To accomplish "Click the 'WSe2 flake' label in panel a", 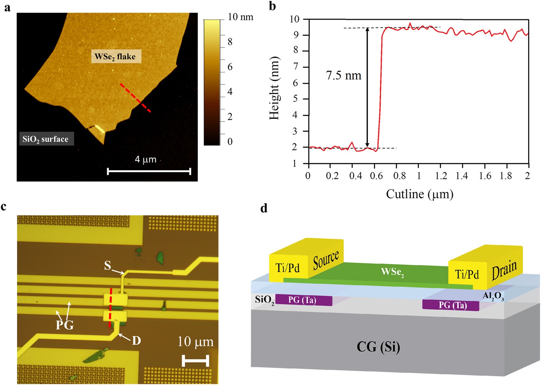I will coord(116,57).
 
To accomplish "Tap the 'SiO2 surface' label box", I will coord(46,139).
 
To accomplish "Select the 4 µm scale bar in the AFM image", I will coord(149,171).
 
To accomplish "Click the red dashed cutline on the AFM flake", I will coord(135,98).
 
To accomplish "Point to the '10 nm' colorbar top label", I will coord(240,17).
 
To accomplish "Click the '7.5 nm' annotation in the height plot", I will coord(343,75).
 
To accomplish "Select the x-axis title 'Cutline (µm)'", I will coord(419,194).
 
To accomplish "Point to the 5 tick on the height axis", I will coord(295,99).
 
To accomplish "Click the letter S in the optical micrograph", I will coord(108,266).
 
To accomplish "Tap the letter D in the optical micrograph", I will coord(136,341).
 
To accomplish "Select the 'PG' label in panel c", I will coord(65,324).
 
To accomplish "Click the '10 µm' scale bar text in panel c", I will coord(195,342).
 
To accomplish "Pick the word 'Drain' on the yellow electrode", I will coord(504,270).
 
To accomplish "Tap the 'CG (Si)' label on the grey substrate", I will coord(378,347).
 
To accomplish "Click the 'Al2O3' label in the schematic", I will coord(493,296).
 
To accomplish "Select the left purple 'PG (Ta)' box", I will coord(303,300).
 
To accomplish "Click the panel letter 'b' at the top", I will coord(272,6).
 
